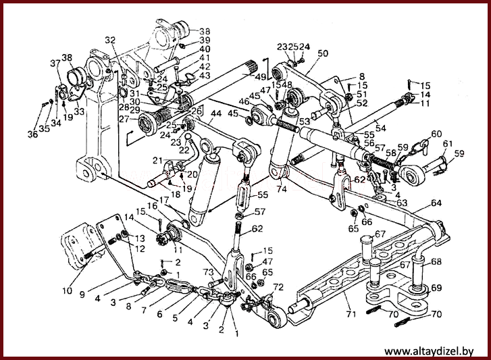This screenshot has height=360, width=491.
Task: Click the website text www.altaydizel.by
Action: pyautogui.click(x=428, y=351)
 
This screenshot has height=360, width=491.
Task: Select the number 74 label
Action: pyautogui.click(x=281, y=190)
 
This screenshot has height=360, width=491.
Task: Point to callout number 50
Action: pyautogui.click(x=322, y=53)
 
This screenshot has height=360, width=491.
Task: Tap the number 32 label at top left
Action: pyautogui.click(x=110, y=40)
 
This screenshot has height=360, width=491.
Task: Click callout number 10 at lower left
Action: pyautogui.click(x=66, y=291)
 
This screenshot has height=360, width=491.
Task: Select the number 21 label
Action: pyautogui.click(x=157, y=160)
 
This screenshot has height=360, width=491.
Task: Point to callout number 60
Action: pyautogui.click(x=436, y=134)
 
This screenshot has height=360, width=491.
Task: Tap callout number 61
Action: pyautogui.click(x=448, y=145)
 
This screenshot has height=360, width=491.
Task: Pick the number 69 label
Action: pyautogui.click(x=436, y=288)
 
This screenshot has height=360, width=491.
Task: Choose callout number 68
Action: pyautogui.click(x=436, y=261)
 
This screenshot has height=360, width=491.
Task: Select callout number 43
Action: pyautogui.click(x=204, y=75)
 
